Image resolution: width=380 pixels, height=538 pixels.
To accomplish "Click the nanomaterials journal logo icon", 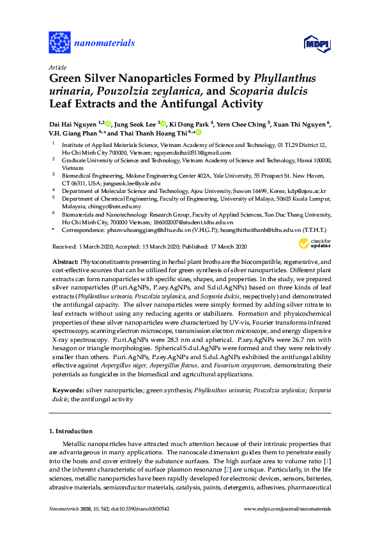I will (59, 43).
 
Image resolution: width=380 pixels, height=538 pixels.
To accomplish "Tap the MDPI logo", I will (312, 43).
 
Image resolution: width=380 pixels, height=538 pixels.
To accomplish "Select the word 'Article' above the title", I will (58, 67).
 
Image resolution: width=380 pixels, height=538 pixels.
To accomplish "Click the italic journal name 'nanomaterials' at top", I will (105, 43).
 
